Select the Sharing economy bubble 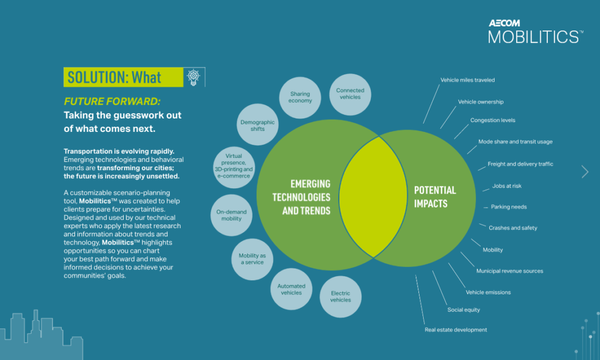click(x=300, y=97)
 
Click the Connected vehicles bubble click(x=350, y=94)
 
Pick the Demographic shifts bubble click(x=257, y=125)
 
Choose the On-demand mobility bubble click(x=231, y=215)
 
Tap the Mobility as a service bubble click(x=251, y=259)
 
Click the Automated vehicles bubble click(x=291, y=289)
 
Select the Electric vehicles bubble click(x=340, y=296)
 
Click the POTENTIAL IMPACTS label click(x=435, y=197)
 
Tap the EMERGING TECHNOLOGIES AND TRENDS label click(x=301, y=197)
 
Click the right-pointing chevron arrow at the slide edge click(x=584, y=171)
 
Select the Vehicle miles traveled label click(x=468, y=80)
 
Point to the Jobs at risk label click(x=506, y=186)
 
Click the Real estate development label click(x=455, y=330)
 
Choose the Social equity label click(x=463, y=310)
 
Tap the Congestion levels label click(x=492, y=121)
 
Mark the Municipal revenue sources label click(x=509, y=271)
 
